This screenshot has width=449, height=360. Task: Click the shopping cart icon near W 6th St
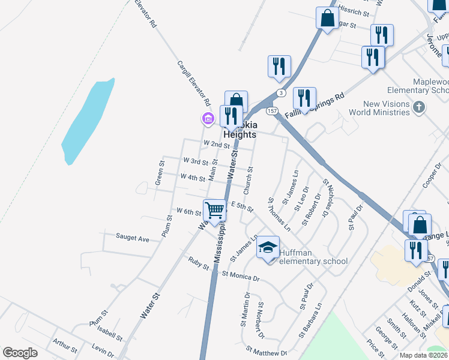(x=215, y=210)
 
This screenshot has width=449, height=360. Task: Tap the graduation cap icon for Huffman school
(x=268, y=247)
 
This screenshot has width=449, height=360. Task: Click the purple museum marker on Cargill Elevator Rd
(x=208, y=118)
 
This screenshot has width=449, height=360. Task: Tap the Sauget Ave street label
(x=132, y=238)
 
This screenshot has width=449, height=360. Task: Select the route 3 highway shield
(x=280, y=93)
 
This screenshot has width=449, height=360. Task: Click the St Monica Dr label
(x=240, y=277)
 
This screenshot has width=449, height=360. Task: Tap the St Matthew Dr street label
(x=267, y=350)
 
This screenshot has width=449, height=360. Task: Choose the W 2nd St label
(x=216, y=145)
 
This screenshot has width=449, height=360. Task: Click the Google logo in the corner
(x=20, y=352)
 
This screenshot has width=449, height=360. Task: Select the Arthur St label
(x=64, y=346)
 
